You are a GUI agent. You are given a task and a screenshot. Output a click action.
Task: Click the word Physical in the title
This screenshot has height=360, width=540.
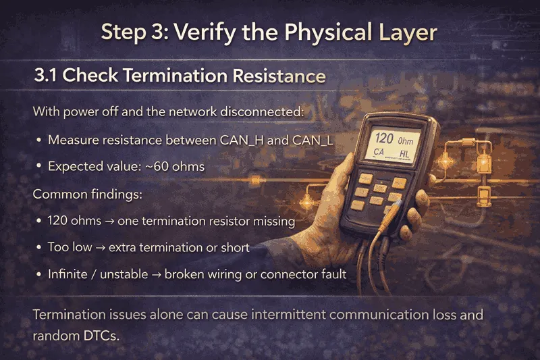329,33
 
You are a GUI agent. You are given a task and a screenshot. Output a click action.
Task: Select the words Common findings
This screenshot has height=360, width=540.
87,195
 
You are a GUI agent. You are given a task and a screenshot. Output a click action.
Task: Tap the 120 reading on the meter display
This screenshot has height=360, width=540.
384,138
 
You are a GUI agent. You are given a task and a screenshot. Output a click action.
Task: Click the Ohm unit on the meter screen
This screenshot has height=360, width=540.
406,141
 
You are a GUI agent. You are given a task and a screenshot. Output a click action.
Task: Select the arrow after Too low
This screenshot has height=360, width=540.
100,248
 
